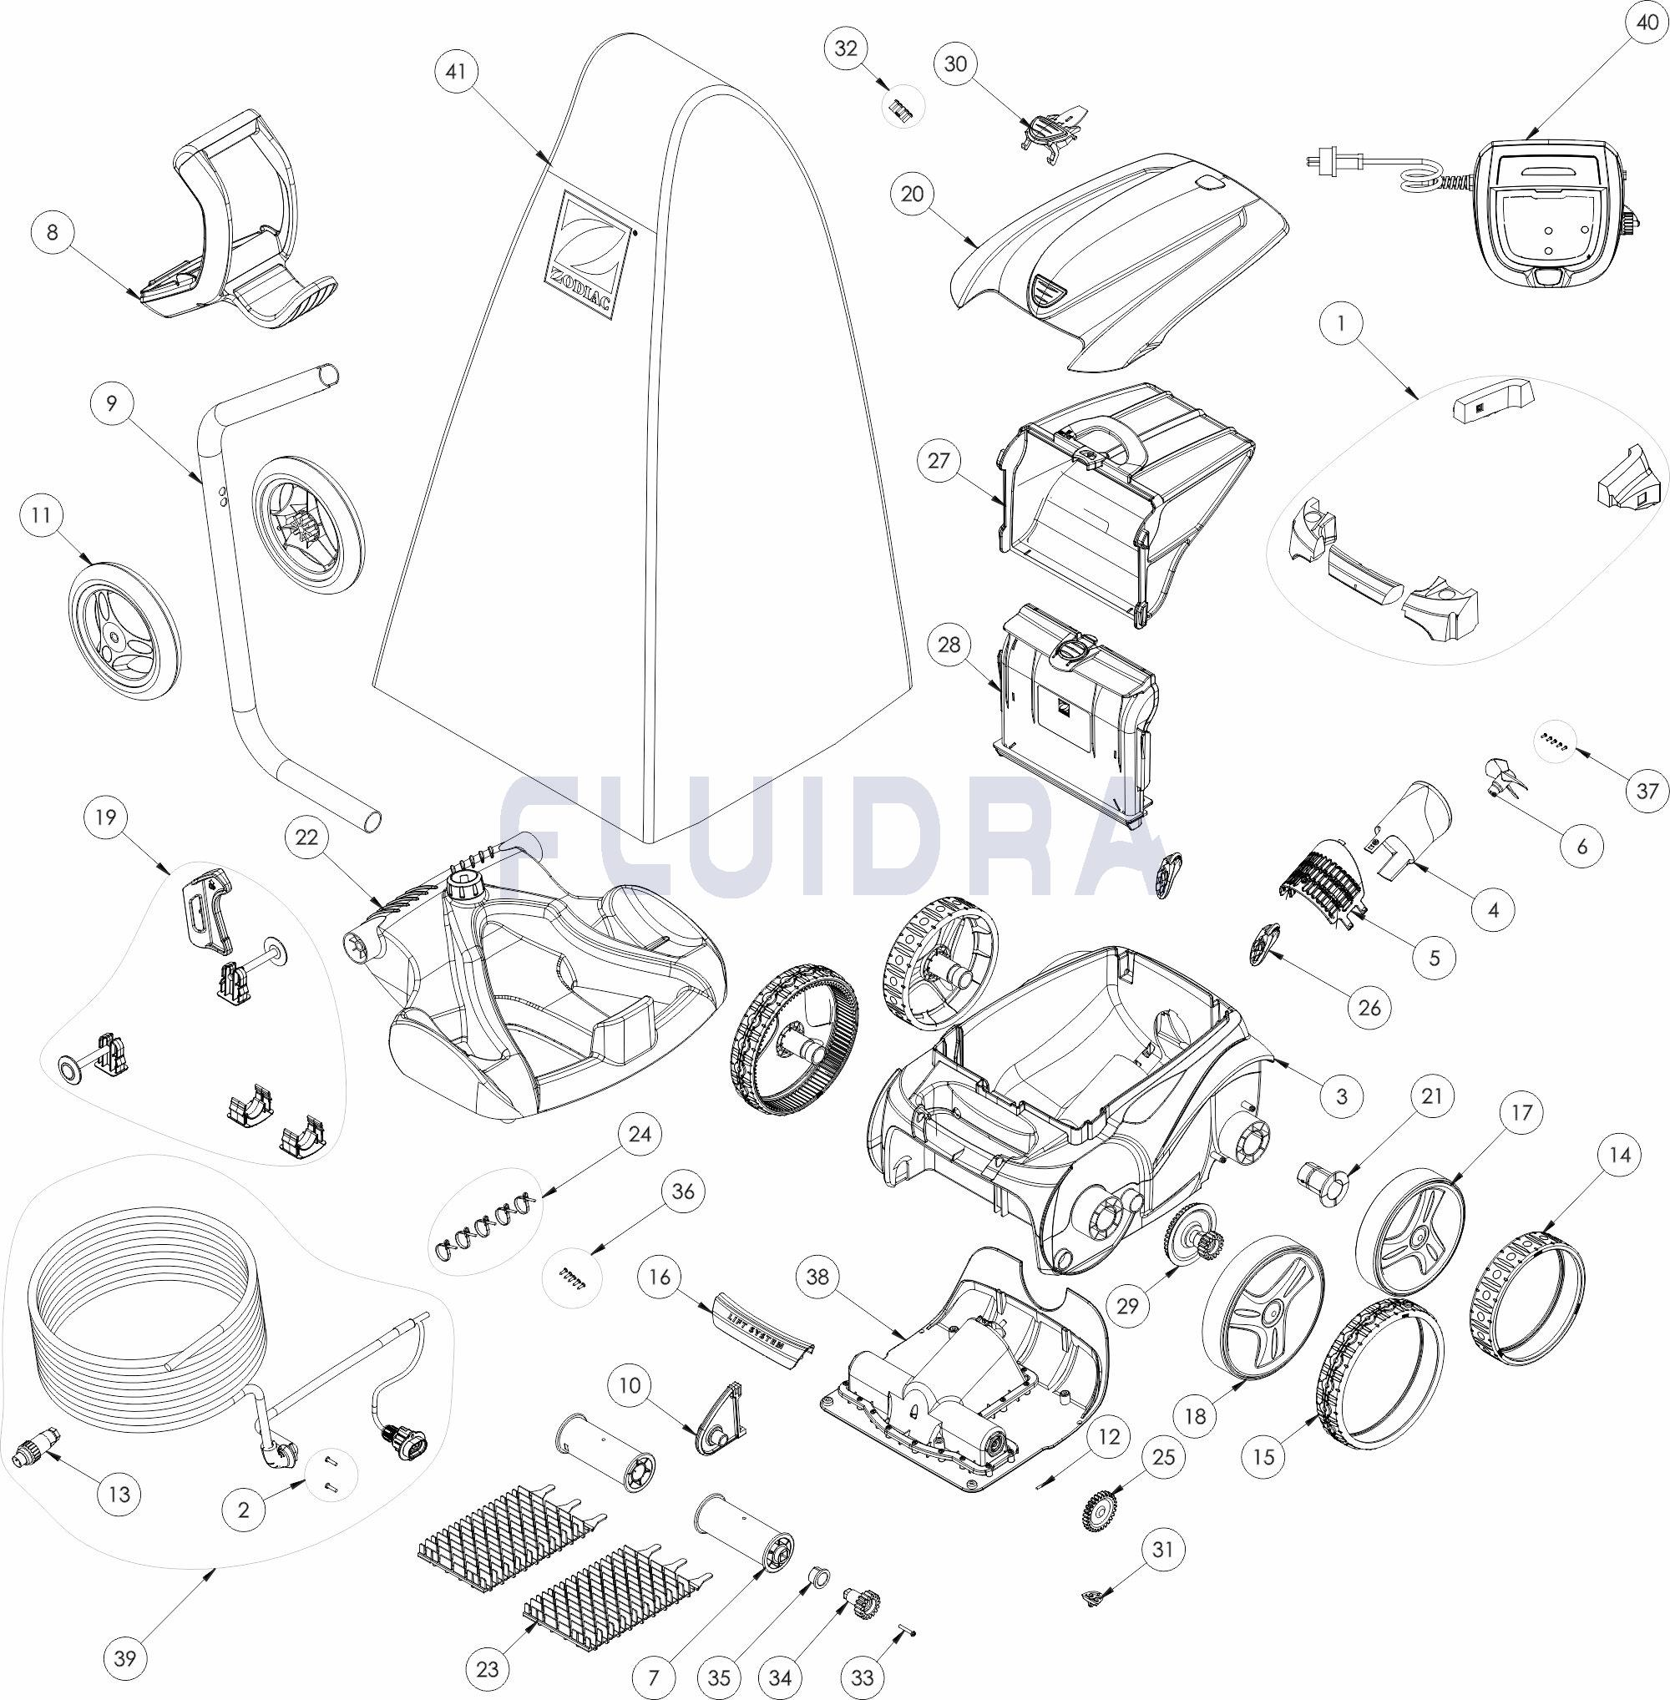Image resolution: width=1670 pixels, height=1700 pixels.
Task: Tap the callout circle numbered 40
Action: point(1642,25)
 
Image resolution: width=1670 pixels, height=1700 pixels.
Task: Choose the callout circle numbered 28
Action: point(949,645)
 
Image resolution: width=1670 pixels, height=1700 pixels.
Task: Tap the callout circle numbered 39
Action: point(124,1658)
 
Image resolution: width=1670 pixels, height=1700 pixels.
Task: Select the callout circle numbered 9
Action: point(111,402)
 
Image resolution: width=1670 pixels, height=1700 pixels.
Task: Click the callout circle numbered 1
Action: point(1340,323)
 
